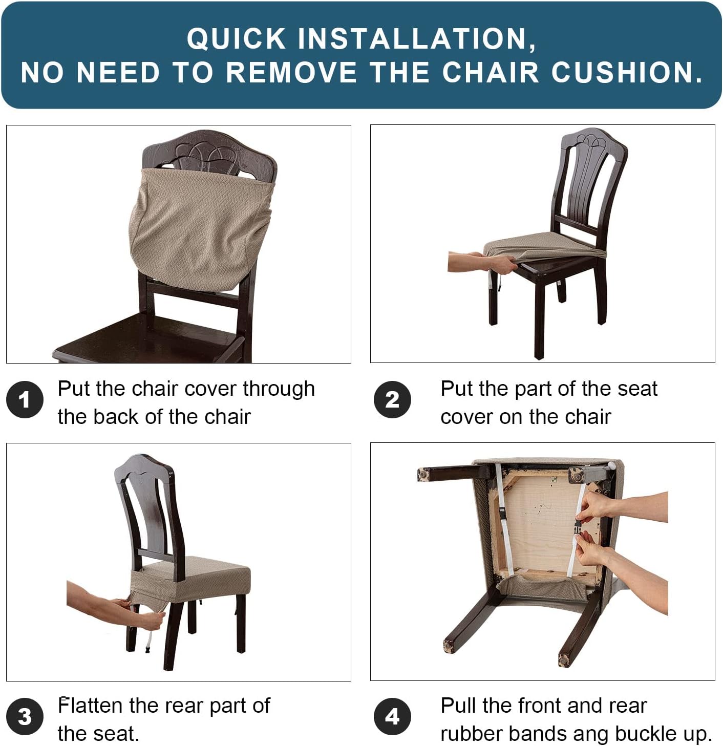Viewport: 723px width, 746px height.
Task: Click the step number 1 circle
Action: point(25,399)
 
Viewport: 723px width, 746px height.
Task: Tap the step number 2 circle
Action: point(392,399)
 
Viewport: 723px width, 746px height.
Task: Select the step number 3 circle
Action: point(25,716)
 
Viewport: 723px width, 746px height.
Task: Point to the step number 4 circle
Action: point(392,716)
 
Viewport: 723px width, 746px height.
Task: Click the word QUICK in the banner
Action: point(236,39)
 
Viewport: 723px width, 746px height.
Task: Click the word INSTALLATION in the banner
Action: point(417,39)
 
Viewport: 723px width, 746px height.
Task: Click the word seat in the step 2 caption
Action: point(637,389)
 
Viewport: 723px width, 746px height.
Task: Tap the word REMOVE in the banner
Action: point(291,72)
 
